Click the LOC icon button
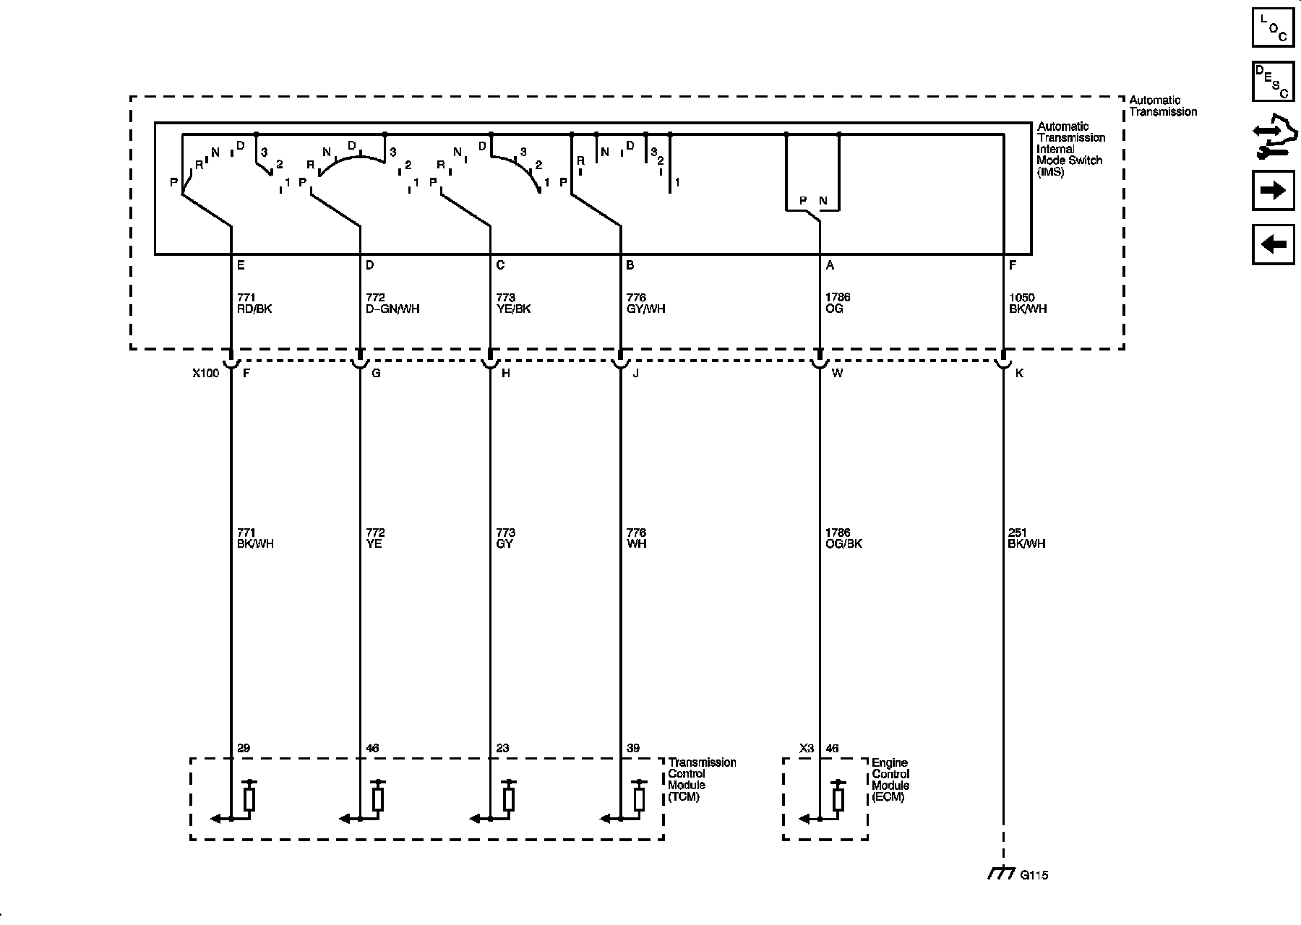pos(1273,28)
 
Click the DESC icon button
pos(1273,81)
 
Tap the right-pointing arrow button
pos(1273,191)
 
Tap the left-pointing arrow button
pos(1273,244)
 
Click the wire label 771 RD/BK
pos(254,304)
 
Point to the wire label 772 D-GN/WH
pos(392,304)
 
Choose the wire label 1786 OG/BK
pos(843,538)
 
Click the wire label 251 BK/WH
pos(1026,538)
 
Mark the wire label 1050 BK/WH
pos(1026,304)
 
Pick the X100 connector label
pos(205,374)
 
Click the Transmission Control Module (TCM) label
pos(702,780)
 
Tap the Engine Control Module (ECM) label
pos(890,780)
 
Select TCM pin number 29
pos(244,748)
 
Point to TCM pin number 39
pos(632,748)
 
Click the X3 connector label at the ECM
pos(807,748)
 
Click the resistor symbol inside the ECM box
pos(838,799)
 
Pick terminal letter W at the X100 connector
pos(837,374)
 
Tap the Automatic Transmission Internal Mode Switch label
pos(1070,149)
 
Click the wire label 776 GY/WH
pos(645,304)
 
